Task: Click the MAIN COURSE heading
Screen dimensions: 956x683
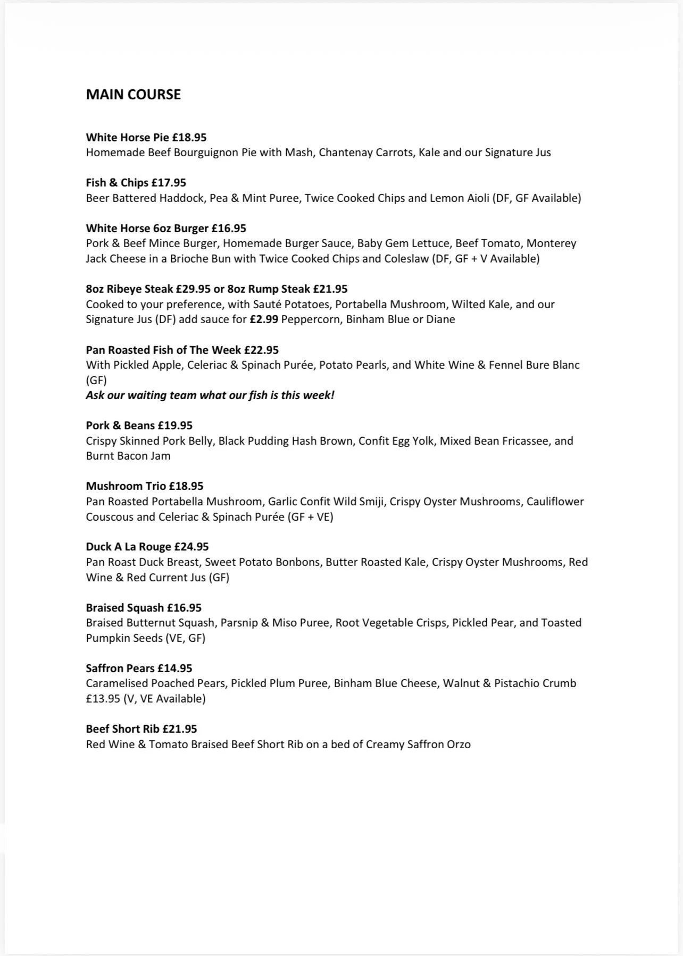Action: pos(133,95)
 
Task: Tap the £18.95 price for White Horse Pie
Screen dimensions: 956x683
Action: pos(189,138)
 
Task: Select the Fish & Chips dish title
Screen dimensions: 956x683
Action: pos(116,183)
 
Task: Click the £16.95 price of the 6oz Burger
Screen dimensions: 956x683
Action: pos(229,229)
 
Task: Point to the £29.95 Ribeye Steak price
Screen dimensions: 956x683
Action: pos(193,289)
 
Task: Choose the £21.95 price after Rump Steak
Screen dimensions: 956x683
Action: pos(330,289)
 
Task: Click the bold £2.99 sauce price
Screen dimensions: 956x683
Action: pos(264,319)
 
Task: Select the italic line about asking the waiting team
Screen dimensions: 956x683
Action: pos(210,395)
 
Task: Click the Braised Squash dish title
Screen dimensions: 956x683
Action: pos(125,608)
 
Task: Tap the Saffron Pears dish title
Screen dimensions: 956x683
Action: pos(120,669)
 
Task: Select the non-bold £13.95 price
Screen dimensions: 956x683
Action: pos(103,699)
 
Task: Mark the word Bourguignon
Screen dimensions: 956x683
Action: pos(205,153)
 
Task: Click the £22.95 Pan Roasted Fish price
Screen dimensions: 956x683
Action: pos(261,350)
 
